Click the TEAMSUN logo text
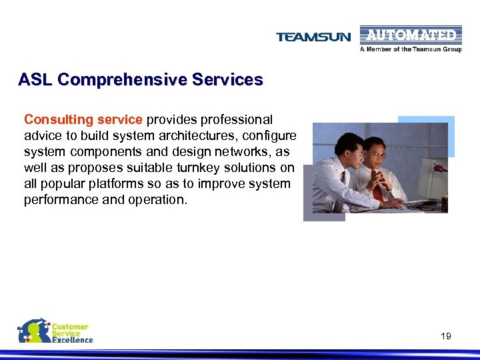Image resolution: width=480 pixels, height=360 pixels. (x=313, y=37)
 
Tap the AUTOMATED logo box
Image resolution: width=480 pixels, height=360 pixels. (x=411, y=35)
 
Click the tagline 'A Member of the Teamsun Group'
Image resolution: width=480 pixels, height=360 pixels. (x=411, y=49)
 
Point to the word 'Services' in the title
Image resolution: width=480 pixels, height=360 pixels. (x=227, y=80)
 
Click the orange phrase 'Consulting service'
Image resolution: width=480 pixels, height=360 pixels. (x=83, y=120)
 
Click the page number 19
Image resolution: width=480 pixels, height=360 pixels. (x=446, y=336)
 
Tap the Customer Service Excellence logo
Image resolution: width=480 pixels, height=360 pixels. (x=55, y=331)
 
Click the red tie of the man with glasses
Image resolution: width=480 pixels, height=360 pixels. (x=378, y=190)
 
